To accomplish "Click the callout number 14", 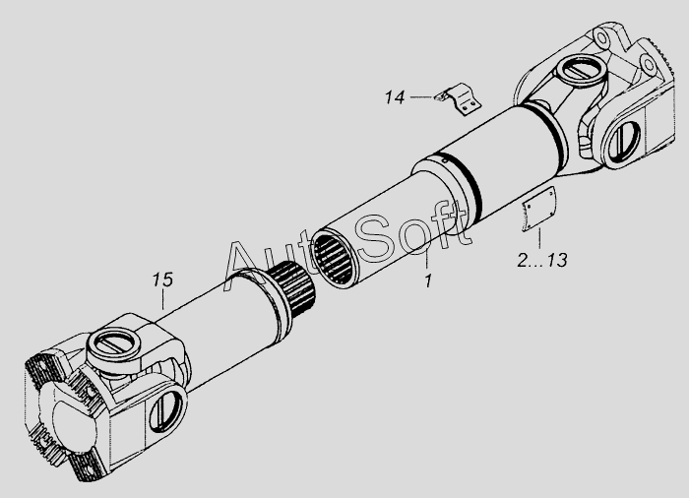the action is tap(395, 97).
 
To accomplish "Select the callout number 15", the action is tap(162, 280).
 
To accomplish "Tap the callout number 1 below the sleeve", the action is tap(428, 280).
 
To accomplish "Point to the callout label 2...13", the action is tap(541, 260).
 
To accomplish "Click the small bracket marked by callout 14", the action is tap(460, 99).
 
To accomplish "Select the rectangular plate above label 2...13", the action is tap(538, 209).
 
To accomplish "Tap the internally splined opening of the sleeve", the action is tap(335, 259).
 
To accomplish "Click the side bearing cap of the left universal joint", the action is tap(165, 409).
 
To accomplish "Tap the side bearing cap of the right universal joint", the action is tap(623, 142).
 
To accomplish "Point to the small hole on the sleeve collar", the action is tap(445, 160).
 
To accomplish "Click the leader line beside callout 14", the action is tap(422, 97).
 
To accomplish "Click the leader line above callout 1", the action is tap(427, 258).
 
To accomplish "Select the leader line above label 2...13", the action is tap(540, 239).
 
